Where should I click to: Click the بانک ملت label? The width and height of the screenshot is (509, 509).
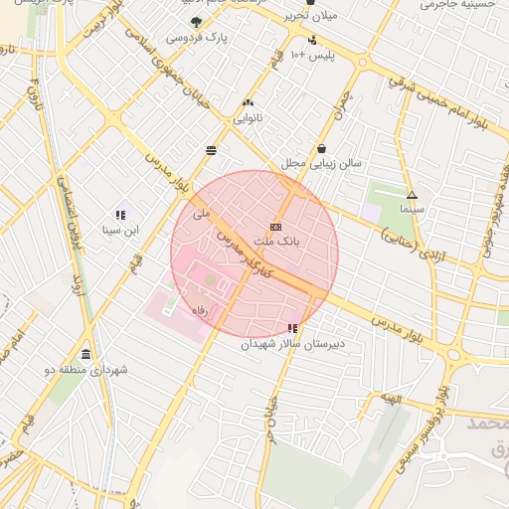click(x=276, y=242)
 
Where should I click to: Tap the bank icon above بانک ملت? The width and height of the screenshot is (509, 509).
click(x=275, y=227)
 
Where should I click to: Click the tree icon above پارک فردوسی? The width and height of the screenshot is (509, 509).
click(x=196, y=22)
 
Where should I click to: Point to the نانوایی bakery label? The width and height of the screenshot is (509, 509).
click(x=248, y=117)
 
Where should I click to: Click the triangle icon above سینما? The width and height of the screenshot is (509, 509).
click(x=412, y=195)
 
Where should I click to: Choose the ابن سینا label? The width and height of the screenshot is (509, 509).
click(x=121, y=230)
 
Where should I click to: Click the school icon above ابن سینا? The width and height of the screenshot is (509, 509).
click(x=121, y=214)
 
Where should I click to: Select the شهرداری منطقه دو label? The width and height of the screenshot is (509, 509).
click(x=86, y=370)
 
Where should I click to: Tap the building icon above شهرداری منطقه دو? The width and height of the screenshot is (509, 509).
click(x=86, y=354)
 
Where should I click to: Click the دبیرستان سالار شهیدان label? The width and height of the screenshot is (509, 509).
click(x=291, y=344)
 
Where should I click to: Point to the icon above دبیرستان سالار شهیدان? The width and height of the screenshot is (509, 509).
click(x=291, y=328)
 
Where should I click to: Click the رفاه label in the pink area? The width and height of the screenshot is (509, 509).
click(x=198, y=310)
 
